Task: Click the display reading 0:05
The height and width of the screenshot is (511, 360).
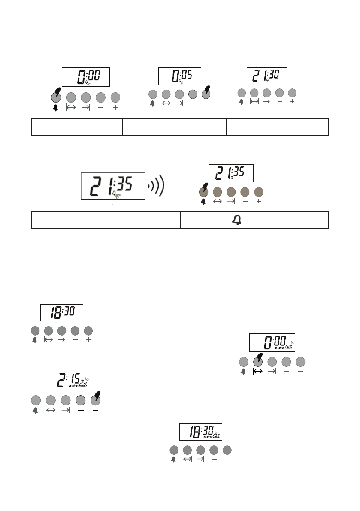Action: coord(180,76)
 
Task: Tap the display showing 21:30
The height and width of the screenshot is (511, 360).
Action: coord(266,76)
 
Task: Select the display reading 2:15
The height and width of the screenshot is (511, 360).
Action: coord(66,380)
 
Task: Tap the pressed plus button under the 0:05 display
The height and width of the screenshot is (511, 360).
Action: coord(206,94)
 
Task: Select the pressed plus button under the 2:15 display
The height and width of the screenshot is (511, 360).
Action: coord(95,400)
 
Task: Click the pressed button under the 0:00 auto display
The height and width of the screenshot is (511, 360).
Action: coord(258,361)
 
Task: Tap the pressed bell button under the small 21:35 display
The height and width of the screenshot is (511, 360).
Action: coord(204,191)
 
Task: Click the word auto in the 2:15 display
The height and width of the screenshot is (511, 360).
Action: coord(73,385)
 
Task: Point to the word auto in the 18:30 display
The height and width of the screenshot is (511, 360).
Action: coord(208,437)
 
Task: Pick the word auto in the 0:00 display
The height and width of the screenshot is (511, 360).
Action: coord(280,348)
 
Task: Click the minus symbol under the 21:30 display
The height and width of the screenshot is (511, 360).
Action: coord(280,102)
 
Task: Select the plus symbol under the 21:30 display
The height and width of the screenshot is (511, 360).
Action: coord(292,102)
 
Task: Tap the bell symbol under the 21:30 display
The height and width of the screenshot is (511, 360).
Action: coord(241,102)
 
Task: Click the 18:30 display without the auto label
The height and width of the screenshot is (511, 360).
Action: coord(61,313)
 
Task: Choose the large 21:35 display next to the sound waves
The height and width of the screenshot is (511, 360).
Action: coord(113,186)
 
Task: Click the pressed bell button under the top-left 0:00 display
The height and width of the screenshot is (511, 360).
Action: coord(56,97)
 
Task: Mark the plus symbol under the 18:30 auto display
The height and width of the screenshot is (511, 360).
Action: coord(227,459)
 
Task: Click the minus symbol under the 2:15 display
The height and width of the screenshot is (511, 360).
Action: coord(80,410)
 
